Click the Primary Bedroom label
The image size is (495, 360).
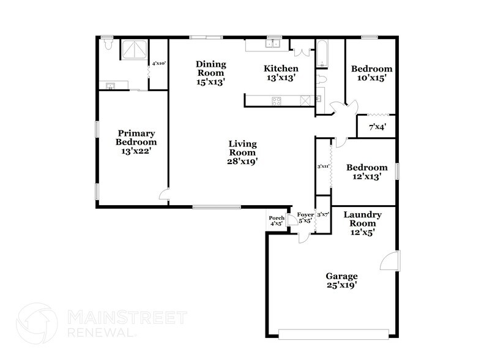point(136,141)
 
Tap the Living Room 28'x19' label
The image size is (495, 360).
point(242,152)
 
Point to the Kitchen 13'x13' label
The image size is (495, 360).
point(281,73)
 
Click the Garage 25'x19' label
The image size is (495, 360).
point(341,280)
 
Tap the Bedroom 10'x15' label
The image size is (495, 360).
point(371,73)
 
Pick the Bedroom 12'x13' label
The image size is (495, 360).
point(367,172)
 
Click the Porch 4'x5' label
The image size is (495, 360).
point(277,221)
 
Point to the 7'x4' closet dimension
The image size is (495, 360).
point(377,128)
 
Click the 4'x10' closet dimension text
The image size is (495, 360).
point(159,63)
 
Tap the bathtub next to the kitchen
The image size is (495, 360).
point(322,54)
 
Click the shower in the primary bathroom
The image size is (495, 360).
point(133,51)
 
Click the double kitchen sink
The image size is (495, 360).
point(272,44)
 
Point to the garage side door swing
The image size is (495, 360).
point(388,262)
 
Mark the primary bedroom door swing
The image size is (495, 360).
point(163,195)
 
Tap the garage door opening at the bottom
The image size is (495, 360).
point(333,334)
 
